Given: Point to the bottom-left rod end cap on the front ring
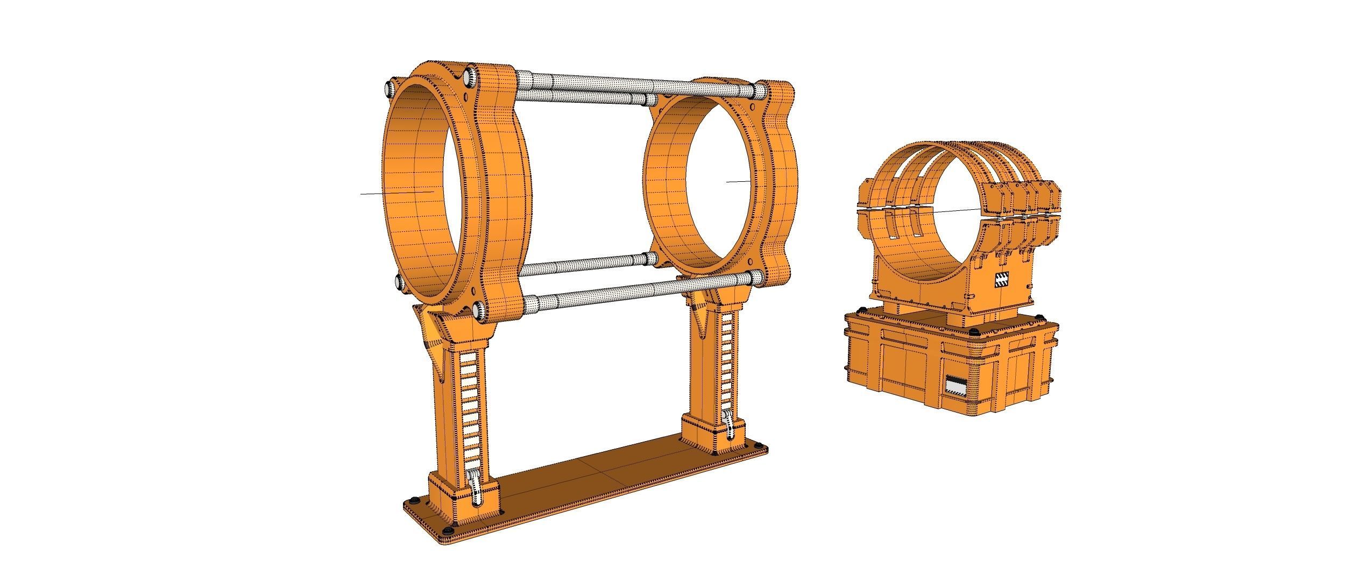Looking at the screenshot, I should [x=401, y=282].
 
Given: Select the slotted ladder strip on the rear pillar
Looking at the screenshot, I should [x=725, y=366].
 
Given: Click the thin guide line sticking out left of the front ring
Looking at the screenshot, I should [x=395, y=192].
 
